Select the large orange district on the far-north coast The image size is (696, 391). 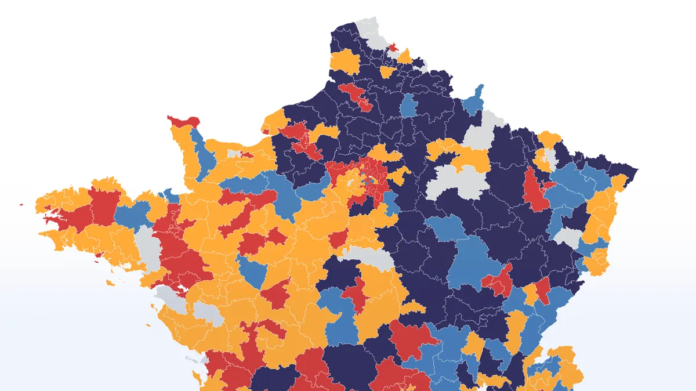(345, 61)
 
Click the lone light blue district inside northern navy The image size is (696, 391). (409, 105)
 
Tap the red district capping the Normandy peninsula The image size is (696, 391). (184, 121)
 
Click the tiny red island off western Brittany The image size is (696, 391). (21, 204)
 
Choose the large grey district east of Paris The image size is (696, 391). (456, 183)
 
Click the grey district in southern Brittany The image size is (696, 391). (148, 247)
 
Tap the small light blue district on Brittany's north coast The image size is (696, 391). (169, 194)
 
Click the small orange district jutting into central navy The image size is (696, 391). (412, 307)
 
